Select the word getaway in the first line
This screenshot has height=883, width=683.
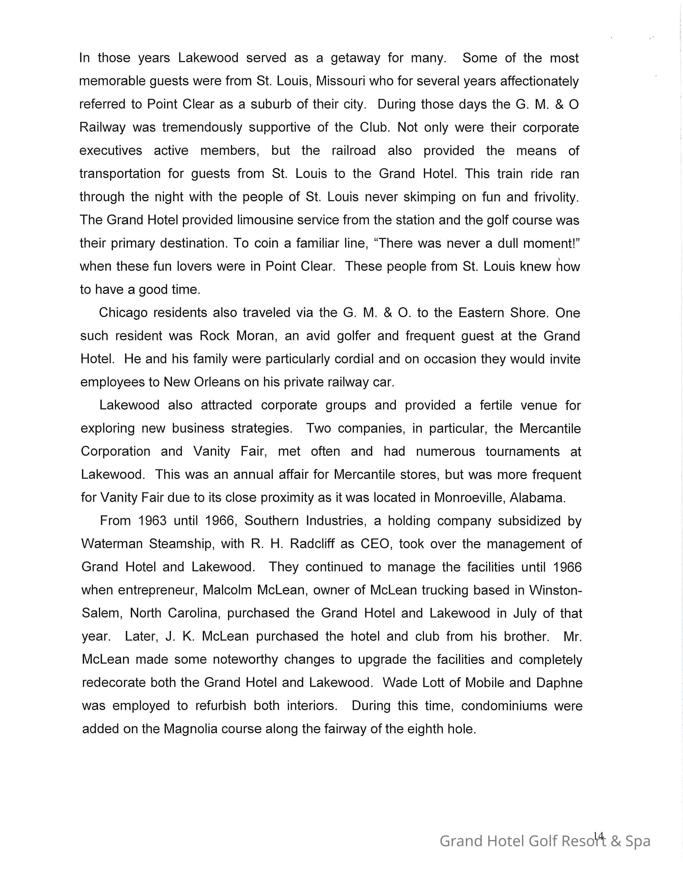[355, 58]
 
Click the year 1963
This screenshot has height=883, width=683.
[152, 521]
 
